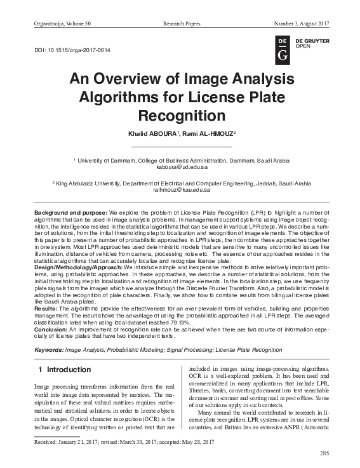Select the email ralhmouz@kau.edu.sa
click(181, 190)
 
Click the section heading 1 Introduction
click(61, 370)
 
